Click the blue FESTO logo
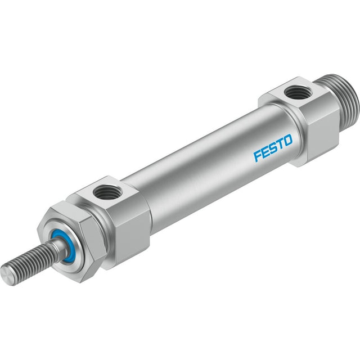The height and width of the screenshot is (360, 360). pyautogui.click(x=273, y=148)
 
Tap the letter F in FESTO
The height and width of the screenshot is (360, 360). pyautogui.click(x=258, y=156)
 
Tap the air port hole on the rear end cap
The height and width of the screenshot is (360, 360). pyautogui.click(x=295, y=91)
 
